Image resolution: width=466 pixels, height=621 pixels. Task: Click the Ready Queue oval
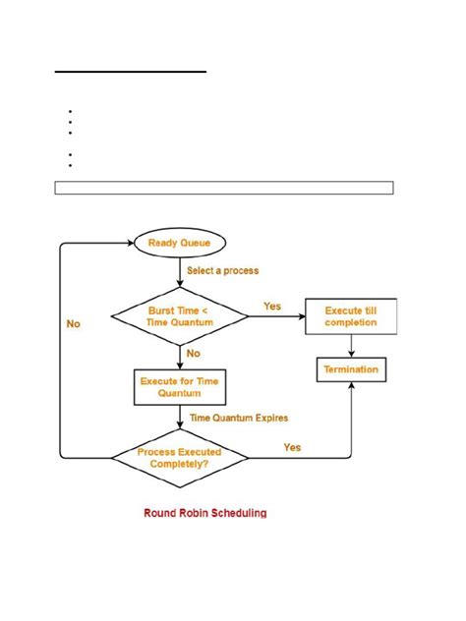(x=178, y=243)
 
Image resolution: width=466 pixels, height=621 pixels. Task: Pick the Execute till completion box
(x=350, y=316)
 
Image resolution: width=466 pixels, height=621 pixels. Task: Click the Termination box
(x=350, y=370)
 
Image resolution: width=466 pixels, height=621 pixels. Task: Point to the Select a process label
(x=224, y=270)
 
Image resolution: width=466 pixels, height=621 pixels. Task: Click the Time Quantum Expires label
(x=238, y=418)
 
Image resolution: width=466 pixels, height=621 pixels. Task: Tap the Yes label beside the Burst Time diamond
(x=272, y=306)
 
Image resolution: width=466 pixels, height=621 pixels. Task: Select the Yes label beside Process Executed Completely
(x=292, y=447)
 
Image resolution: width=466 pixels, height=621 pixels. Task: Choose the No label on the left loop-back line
(x=74, y=322)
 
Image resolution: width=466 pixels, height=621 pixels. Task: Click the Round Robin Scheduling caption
(x=204, y=512)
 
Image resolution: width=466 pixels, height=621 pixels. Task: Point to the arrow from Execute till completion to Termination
(x=350, y=346)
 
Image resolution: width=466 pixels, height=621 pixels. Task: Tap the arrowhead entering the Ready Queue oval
(x=127, y=243)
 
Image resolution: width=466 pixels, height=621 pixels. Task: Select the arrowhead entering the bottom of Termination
(x=350, y=388)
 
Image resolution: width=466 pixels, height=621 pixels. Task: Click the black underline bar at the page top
(x=130, y=72)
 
